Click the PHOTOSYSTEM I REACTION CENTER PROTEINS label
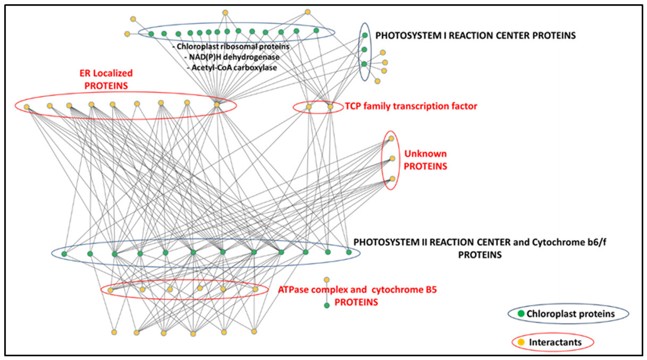click(x=475, y=36)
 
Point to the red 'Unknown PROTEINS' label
click(x=425, y=160)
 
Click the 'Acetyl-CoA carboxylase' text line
click(x=231, y=68)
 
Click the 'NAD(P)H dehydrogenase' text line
click(x=231, y=57)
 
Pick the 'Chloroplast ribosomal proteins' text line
click(x=231, y=47)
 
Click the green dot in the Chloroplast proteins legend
click(x=521, y=314)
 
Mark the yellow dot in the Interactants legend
click(x=521, y=342)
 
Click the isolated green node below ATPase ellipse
click(x=326, y=305)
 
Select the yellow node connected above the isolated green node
click(x=326, y=280)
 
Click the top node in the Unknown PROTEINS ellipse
click(x=391, y=139)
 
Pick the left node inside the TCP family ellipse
click(x=309, y=107)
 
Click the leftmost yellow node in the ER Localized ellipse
click(x=26, y=107)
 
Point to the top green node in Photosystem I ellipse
click(x=365, y=36)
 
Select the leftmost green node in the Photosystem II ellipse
click(x=64, y=254)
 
